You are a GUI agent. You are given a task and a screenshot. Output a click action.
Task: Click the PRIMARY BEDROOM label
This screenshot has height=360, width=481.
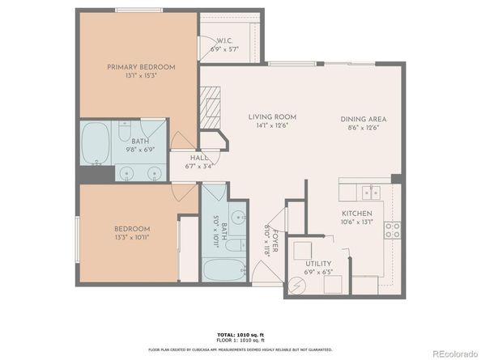(138, 67)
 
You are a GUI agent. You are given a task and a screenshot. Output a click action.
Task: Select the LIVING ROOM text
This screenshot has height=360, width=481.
(271, 117)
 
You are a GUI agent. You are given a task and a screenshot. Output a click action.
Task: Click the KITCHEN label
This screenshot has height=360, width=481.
(355, 214)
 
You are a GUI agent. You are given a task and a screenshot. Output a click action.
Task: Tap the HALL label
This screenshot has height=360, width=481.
(199, 158)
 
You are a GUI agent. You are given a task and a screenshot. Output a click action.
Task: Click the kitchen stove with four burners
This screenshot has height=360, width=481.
(393, 230)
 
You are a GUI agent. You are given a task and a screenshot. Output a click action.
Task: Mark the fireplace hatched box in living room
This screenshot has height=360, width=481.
(210, 105)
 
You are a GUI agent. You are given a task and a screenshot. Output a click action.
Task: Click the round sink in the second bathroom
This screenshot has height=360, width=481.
(238, 217)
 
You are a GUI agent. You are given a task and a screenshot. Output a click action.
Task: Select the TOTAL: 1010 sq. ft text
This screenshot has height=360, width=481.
(240, 333)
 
